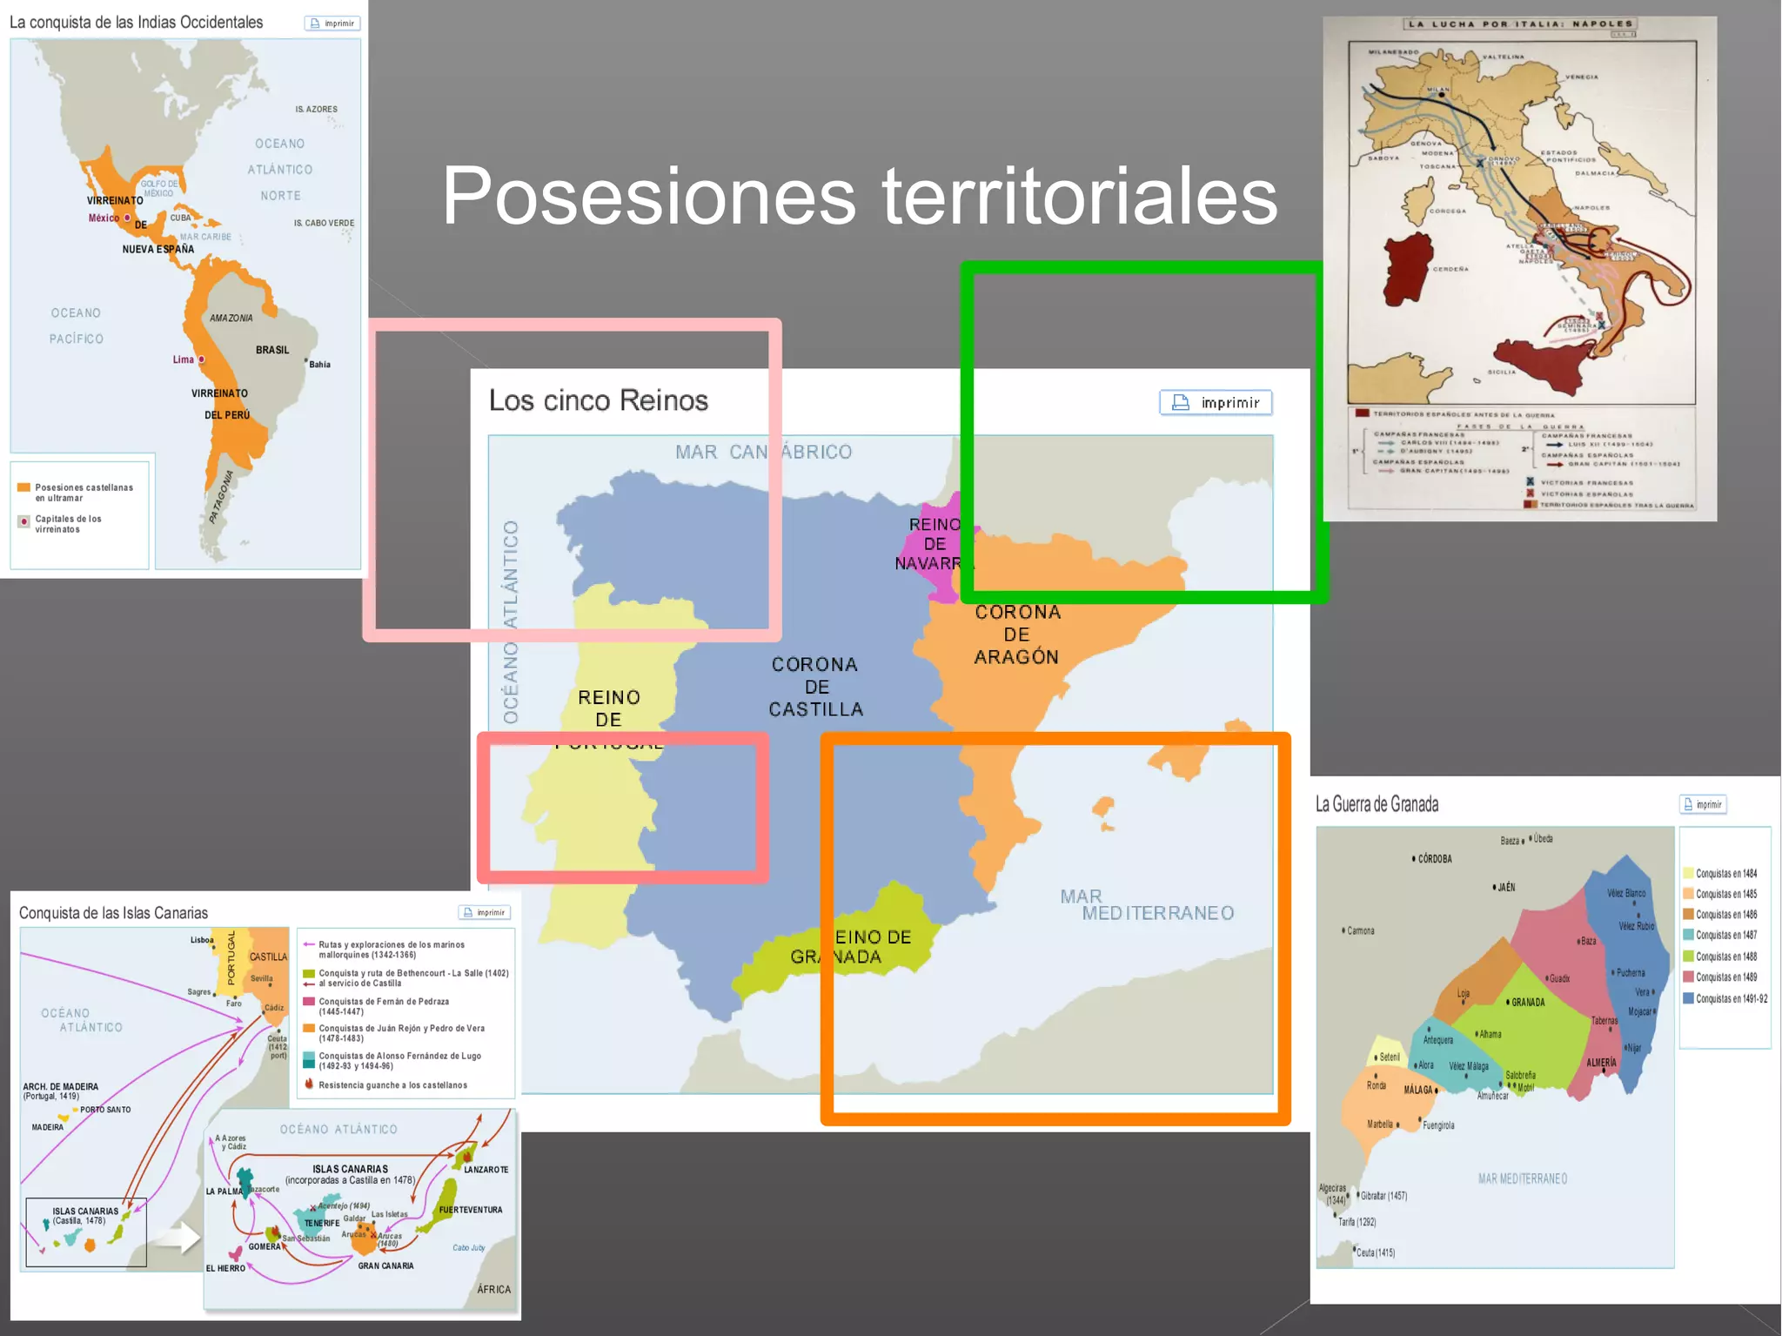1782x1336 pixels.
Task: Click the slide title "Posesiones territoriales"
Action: click(859, 196)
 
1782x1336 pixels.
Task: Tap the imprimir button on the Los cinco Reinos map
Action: click(1216, 402)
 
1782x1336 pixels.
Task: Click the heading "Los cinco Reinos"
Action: click(598, 400)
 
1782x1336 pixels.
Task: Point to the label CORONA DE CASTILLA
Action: click(815, 687)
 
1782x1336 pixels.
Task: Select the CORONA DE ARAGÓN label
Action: click(1016, 634)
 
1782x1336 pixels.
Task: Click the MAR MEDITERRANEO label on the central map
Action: click(1146, 905)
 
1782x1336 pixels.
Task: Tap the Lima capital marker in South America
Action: click(201, 359)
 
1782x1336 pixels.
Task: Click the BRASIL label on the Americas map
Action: click(272, 350)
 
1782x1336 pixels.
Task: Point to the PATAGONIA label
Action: click(222, 497)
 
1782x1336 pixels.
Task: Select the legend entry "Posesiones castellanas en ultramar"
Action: click(83, 493)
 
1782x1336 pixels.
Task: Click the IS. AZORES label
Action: click(316, 110)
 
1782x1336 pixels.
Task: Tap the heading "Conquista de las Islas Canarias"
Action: click(113, 913)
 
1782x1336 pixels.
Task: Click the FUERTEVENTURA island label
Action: click(471, 1210)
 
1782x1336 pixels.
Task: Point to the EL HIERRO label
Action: click(225, 1268)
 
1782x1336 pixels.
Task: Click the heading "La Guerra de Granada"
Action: click(1377, 804)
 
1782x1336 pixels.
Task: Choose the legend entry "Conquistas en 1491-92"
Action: click(1731, 998)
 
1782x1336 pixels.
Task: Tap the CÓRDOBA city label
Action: click(1434, 859)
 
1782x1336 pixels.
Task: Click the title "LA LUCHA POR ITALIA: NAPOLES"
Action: click(1520, 24)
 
